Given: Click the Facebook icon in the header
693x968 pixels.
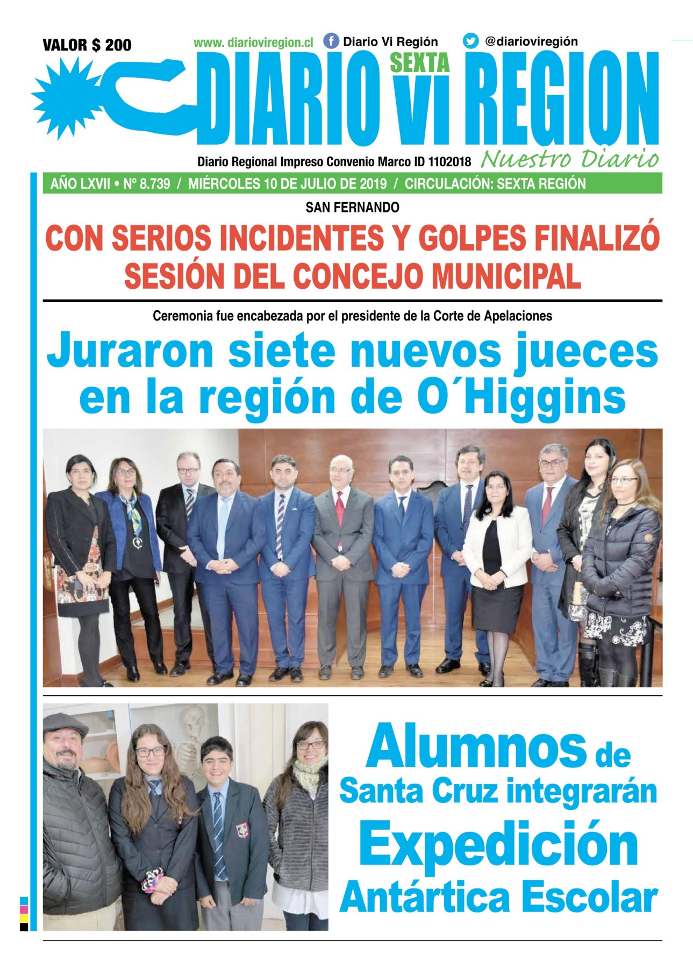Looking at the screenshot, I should pyautogui.click(x=331, y=41).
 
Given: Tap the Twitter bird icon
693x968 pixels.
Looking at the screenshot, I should pyautogui.click(x=471, y=41).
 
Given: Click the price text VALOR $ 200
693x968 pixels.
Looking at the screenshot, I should pyautogui.click(x=87, y=45).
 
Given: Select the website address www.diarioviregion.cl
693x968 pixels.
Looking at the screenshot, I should pyautogui.click(x=253, y=42).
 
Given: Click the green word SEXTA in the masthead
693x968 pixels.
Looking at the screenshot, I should pyautogui.click(x=419, y=63).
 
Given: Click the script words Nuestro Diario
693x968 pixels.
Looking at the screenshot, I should pyautogui.click(x=570, y=159).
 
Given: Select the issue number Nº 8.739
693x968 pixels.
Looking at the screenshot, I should pyautogui.click(x=146, y=184).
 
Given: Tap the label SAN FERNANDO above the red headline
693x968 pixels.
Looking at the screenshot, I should pyautogui.click(x=352, y=207).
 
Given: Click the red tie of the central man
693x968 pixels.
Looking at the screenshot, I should pyautogui.click(x=340, y=508).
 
